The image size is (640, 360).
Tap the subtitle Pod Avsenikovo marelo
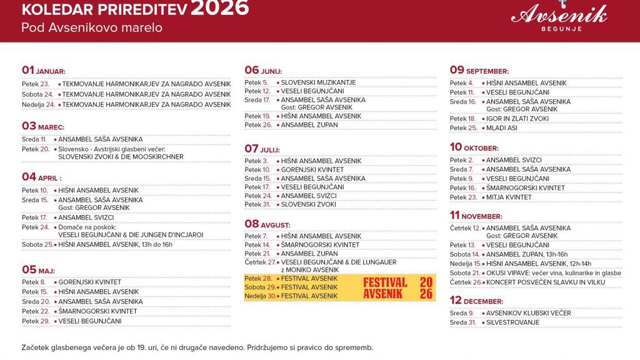click(92, 27)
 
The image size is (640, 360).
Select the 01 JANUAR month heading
click(43, 70)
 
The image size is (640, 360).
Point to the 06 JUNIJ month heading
click(263, 70)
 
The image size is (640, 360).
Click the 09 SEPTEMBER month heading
click(479, 70)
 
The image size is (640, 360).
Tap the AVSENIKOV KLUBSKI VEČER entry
click(528, 313)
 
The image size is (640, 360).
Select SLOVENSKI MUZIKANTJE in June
click(318, 82)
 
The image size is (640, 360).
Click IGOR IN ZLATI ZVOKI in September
click(517, 118)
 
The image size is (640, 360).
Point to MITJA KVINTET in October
click(509, 197)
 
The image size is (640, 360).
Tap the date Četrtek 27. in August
click(259, 262)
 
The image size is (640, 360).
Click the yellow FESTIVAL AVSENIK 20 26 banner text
click(398, 287)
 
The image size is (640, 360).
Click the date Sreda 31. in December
click(463, 322)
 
